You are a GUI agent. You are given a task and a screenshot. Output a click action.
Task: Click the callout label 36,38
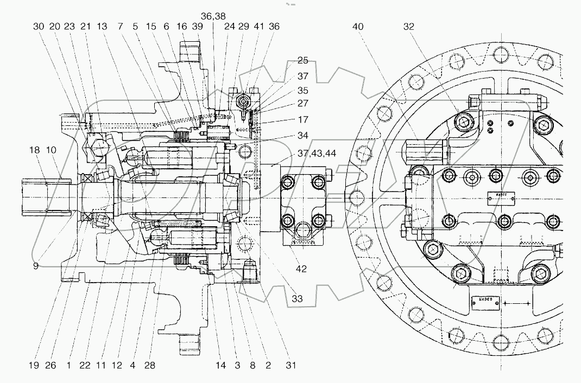pos(213,16)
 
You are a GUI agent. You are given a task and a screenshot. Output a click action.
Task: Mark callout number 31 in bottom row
pos(291,366)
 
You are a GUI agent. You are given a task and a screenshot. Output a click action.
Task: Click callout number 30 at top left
pos(39,26)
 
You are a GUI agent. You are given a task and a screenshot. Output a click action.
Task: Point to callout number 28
pos(150,366)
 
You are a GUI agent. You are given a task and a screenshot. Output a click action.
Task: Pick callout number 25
pos(302,60)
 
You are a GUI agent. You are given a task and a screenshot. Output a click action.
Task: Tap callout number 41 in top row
pos(258,26)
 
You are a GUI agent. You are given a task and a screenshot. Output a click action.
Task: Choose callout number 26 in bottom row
pos(50,366)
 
